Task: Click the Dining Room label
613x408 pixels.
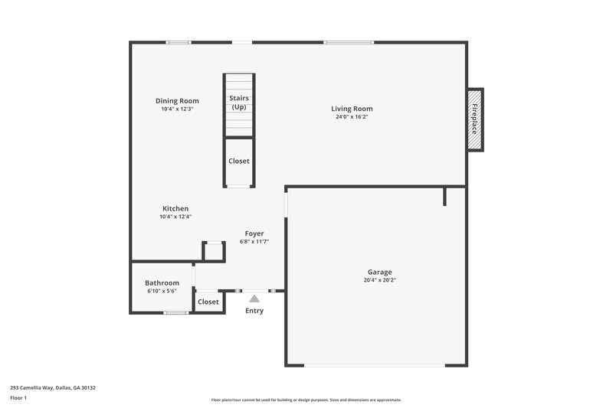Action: point(177,101)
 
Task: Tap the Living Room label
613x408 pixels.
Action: point(352,109)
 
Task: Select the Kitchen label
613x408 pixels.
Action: point(175,208)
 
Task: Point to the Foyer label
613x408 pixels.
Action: point(254,233)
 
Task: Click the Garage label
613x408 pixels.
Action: point(379,272)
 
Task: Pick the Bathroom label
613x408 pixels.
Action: point(162,282)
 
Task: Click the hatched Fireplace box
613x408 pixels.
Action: point(475,119)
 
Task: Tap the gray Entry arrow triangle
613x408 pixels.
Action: point(254,299)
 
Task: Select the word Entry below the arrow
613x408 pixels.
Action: point(254,311)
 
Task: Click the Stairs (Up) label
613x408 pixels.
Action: point(239,103)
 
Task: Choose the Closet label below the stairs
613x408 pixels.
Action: point(239,161)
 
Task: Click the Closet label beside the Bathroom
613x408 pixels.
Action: point(208,302)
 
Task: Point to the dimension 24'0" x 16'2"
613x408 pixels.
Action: point(352,117)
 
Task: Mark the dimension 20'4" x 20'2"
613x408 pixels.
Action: point(379,280)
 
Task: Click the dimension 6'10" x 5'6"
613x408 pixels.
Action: point(162,291)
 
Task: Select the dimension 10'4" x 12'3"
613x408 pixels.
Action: point(177,109)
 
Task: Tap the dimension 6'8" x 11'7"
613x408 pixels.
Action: point(254,241)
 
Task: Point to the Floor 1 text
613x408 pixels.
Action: point(19,398)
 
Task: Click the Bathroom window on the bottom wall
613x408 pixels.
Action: point(176,312)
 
